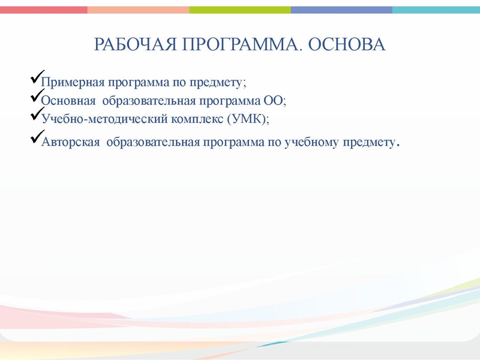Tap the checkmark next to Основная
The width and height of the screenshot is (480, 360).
[x=35, y=97]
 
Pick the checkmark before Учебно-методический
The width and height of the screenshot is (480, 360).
[x=35, y=115]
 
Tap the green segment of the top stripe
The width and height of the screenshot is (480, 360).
[x=240, y=10]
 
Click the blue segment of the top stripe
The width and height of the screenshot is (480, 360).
[x=341, y=10]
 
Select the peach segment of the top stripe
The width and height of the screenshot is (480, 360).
[x=138, y=10]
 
